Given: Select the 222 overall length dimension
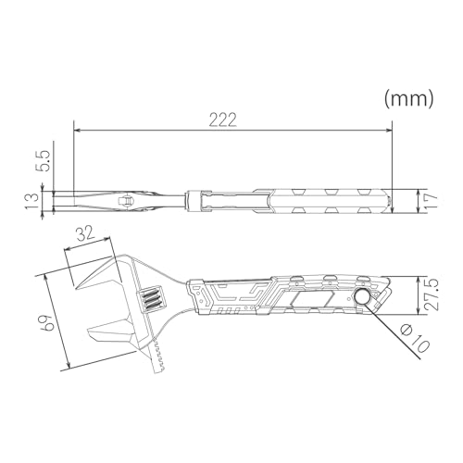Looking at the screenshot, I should (x=221, y=119).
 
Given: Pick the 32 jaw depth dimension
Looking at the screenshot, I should (x=86, y=237).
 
